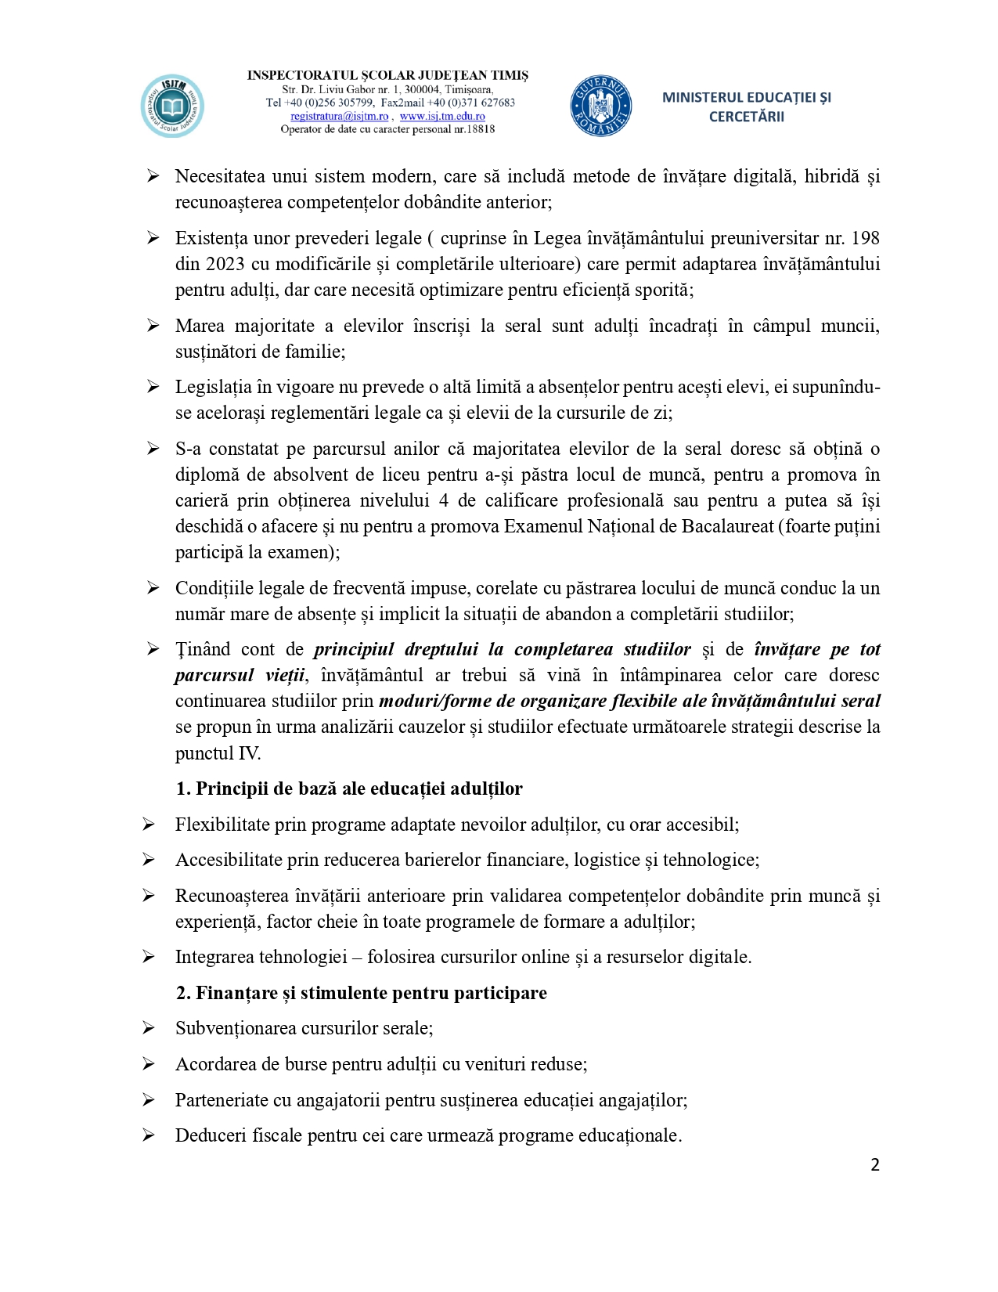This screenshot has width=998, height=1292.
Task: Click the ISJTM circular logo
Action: tap(172, 106)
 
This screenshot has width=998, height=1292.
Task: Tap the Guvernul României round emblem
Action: tap(600, 106)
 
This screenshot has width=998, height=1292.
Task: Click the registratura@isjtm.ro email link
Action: tap(339, 117)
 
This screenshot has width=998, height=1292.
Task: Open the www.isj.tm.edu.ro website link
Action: tap(442, 117)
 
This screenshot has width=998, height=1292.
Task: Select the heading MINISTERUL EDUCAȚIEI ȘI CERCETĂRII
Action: tap(746, 107)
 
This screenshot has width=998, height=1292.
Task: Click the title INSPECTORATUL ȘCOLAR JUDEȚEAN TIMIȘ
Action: tap(387, 76)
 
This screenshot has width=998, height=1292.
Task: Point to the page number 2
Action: tap(875, 1165)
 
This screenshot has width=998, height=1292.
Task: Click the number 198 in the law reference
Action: tap(865, 238)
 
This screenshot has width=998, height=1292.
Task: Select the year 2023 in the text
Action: tap(225, 264)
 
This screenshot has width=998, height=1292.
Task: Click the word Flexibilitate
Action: tap(222, 825)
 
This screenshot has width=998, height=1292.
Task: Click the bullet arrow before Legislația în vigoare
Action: tap(153, 387)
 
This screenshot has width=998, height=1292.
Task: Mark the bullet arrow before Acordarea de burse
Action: tap(149, 1064)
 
